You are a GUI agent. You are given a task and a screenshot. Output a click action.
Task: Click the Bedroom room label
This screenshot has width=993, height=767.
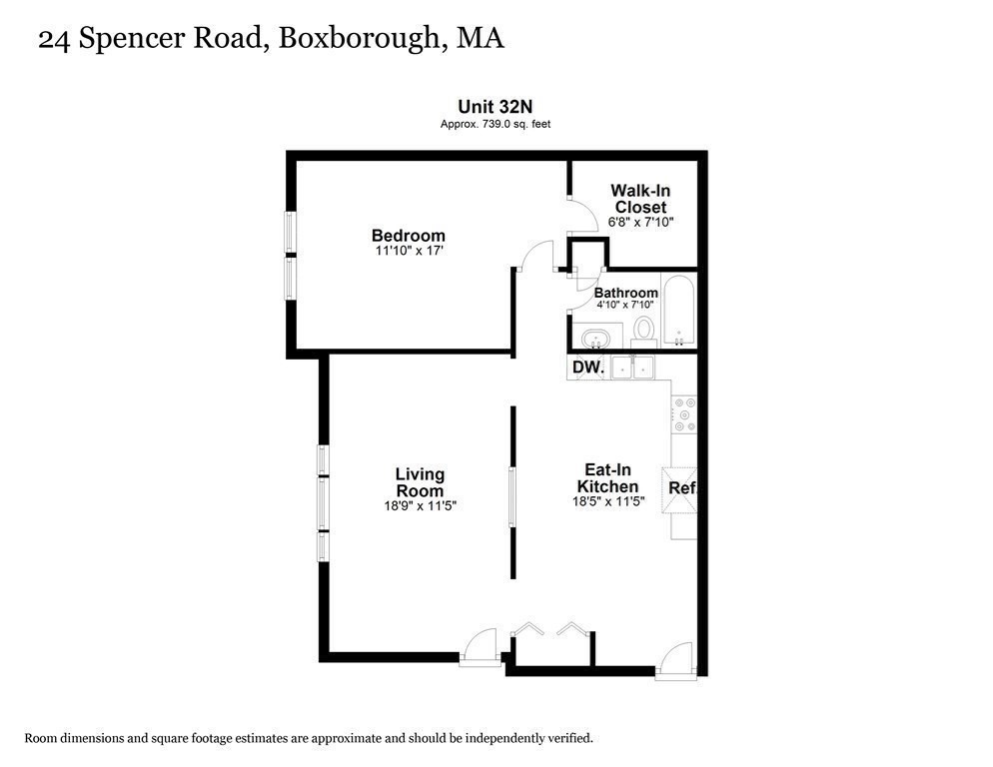[x=408, y=236]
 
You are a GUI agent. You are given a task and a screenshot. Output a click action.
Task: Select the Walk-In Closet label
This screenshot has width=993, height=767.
[x=640, y=199]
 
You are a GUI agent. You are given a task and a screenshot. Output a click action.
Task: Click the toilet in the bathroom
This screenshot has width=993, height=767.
[x=644, y=329]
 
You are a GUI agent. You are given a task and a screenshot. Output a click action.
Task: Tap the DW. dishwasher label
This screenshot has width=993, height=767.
[x=587, y=369]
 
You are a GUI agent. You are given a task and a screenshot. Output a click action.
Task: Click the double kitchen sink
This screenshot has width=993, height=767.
[x=632, y=368]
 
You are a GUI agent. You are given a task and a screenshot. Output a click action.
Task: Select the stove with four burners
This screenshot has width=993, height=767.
[x=683, y=414]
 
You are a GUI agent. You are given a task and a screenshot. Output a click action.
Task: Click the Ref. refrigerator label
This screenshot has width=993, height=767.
[x=681, y=488]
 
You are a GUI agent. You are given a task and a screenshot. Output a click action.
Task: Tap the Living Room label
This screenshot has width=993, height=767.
[x=420, y=482]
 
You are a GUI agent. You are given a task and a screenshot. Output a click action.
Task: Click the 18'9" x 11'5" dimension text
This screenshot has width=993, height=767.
[x=420, y=505]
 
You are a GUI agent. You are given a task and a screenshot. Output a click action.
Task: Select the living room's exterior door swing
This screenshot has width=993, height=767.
[x=481, y=644]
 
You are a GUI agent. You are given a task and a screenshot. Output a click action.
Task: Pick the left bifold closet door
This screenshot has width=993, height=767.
[x=527, y=629]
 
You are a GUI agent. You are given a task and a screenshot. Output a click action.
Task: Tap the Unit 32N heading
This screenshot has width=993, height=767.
[x=496, y=106]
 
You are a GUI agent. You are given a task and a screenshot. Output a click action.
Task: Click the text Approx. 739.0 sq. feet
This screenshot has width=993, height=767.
[x=496, y=124]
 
